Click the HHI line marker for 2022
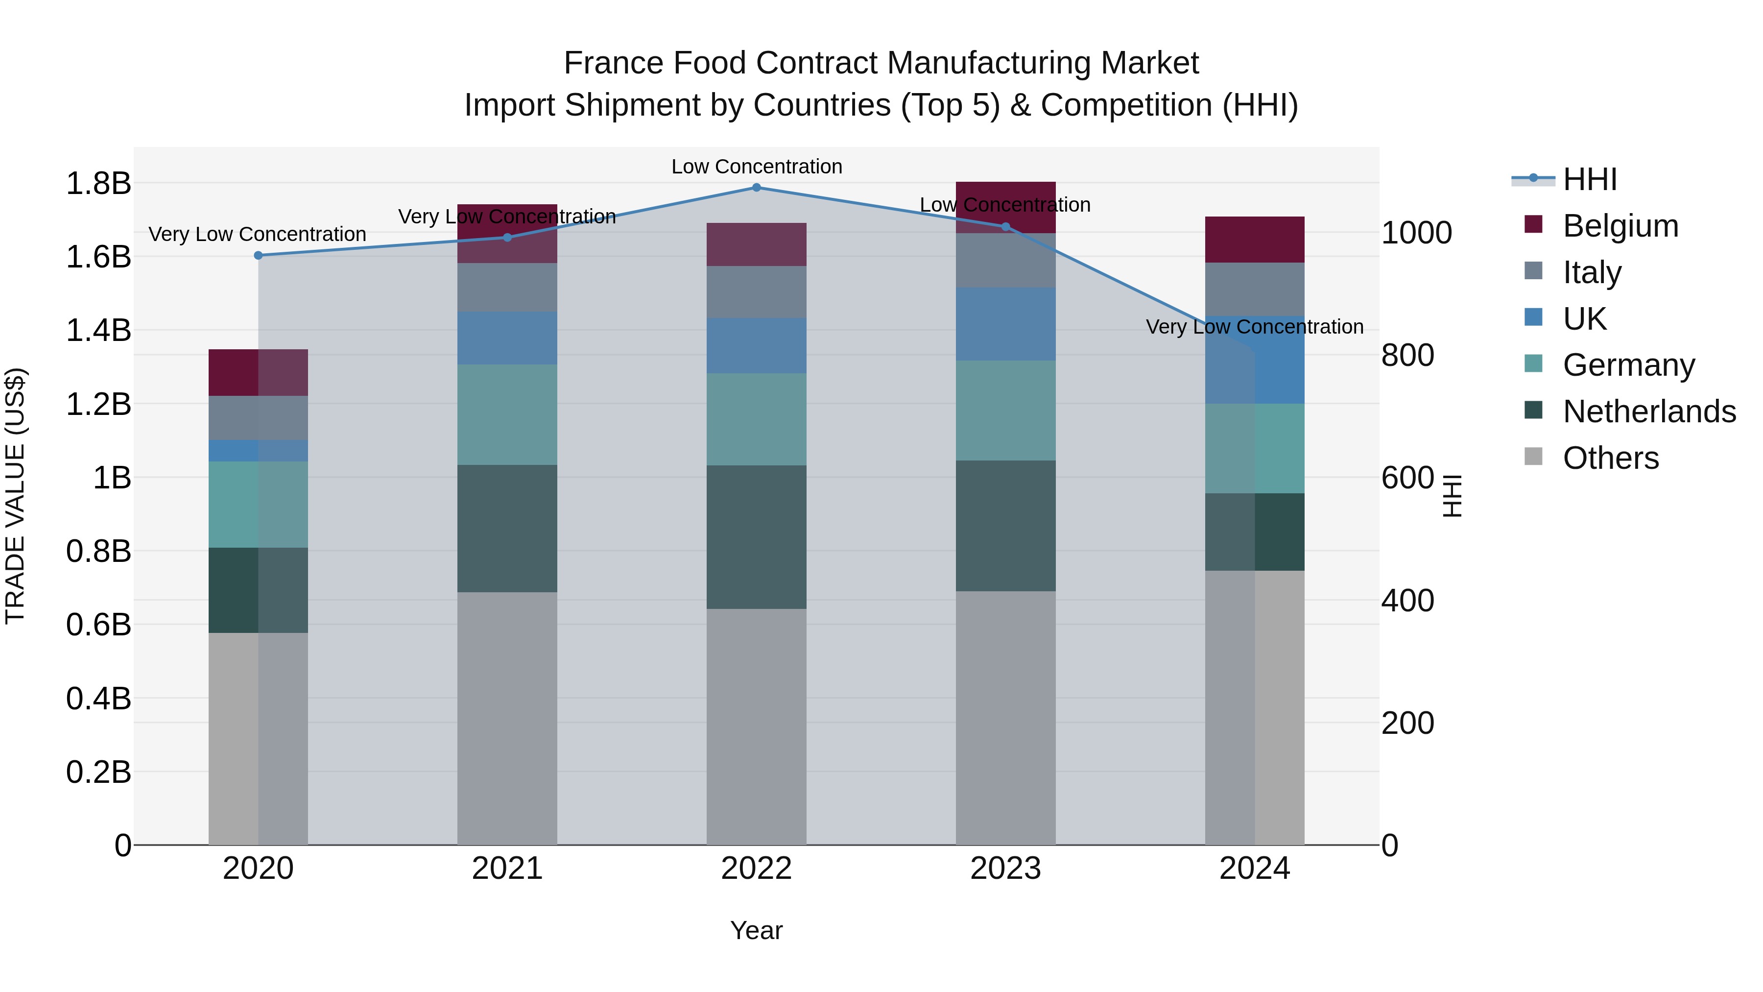click(x=756, y=188)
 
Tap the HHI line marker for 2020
click(x=258, y=255)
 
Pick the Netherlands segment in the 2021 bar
click(x=507, y=529)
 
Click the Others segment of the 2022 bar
click(x=756, y=726)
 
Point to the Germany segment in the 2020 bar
click(x=258, y=505)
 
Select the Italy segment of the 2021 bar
click(x=507, y=288)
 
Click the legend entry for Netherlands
click(x=1649, y=411)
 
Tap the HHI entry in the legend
click(x=1590, y=179)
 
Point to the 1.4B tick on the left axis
click(x=98, y=331)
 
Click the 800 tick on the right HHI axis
click(x=1407, y=355)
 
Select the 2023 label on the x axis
click(x=1005, y=869)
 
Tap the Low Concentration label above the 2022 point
click(x=756, y=167)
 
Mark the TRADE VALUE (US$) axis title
click(x=15, y=496)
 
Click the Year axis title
click(x=756, y=930)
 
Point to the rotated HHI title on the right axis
click(x=1451, y=496)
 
